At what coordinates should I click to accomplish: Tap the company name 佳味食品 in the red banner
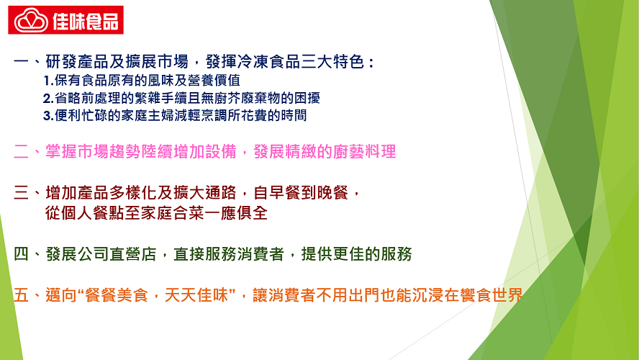pos(86,21)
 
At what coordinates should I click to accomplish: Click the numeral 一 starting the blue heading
pos(21,62)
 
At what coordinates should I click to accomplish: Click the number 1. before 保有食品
pos(48,81)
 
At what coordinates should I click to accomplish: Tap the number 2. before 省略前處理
pos(48,98)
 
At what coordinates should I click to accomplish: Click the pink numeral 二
pos(21,152)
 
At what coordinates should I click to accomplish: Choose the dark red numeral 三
pos(21,192)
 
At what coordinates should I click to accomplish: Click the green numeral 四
pos(21,254)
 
